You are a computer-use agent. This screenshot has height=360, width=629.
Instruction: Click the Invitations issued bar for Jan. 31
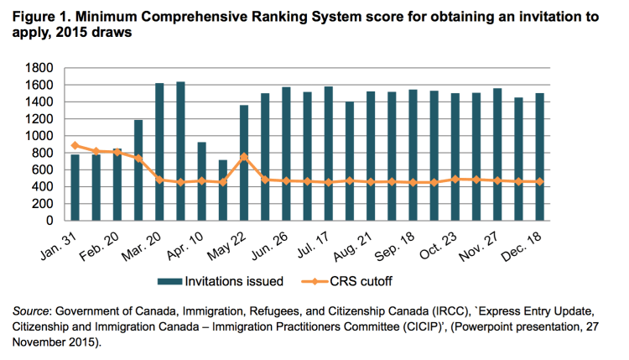point(75,187)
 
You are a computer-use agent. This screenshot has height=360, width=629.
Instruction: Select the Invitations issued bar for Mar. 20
point(159,152)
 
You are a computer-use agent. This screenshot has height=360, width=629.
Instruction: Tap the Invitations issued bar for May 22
point(244,163)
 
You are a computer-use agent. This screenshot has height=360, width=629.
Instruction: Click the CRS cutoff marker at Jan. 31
point(75,145)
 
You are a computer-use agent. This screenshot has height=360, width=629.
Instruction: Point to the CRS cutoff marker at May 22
point(244,156)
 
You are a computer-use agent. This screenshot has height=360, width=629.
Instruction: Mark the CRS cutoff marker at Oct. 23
point(455,179)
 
